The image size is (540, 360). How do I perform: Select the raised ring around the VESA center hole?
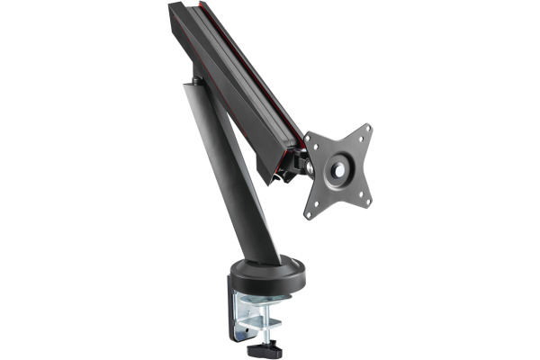coord(339,159)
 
